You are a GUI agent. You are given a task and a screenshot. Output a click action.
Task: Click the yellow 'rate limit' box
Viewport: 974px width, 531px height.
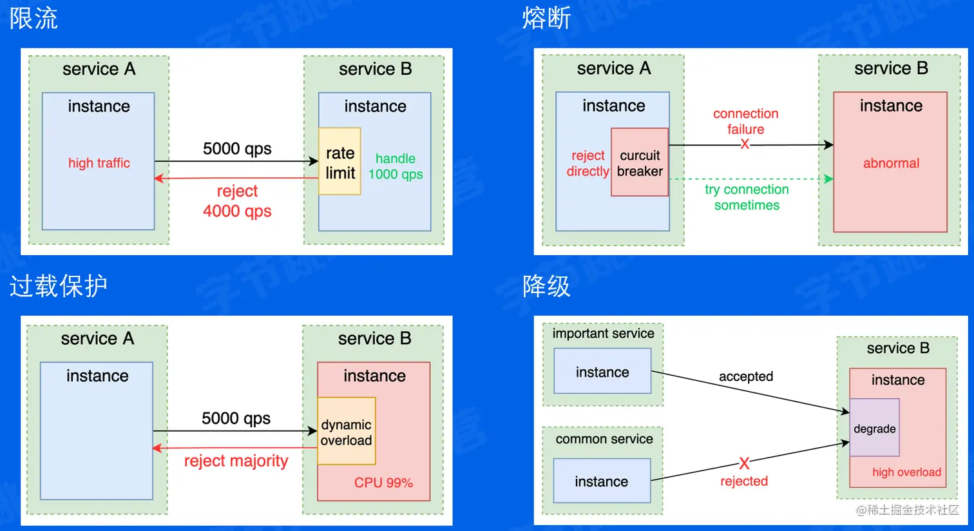click(x=339, y=162)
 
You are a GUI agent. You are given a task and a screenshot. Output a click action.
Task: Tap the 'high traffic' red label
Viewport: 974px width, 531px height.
click(x=99, y=163)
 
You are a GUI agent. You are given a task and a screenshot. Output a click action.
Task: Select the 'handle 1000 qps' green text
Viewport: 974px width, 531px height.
click(x=396, y=166)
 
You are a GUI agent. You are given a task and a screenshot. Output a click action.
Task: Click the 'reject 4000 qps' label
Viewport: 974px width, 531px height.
click(x=237, y=201)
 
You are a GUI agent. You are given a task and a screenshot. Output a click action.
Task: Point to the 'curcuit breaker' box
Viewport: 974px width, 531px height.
click(x=640, y=163)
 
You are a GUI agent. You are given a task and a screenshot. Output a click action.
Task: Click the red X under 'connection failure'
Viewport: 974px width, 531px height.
click(x=745, y=144)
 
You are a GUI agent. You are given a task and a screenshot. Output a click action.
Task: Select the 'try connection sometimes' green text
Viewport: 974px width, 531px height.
click(x=747, y=197)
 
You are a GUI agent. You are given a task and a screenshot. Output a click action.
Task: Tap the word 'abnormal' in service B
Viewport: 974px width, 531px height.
click(x=891, y=163)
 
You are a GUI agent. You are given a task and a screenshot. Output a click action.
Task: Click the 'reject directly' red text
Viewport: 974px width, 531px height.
click(x=587, y=163)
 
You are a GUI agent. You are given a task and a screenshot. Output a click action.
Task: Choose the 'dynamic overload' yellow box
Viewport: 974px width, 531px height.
click(x=347, y=432)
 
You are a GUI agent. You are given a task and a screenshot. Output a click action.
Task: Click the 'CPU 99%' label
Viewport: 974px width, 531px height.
click(x=383, y=483)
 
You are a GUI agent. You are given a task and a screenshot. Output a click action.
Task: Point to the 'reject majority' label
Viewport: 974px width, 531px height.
click(x=236, y=461)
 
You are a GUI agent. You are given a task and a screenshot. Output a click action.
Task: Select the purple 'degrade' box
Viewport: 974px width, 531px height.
click(x=874, y=428)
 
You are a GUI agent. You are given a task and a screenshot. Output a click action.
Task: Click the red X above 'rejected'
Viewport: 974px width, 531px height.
click(x=744, y=463)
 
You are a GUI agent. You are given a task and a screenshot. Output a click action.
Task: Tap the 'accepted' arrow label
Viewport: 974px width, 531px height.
click(x=746, y=376)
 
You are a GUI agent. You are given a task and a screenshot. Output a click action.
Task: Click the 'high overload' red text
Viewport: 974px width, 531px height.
click(x=906, y=472)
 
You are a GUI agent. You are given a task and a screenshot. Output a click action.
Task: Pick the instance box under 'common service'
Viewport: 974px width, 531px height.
click(x=602, y=481)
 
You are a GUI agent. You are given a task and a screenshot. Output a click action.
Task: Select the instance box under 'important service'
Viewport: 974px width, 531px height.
click(x=602, y=372)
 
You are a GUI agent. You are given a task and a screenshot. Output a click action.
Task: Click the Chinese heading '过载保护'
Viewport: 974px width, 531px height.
click(x=58, y=286)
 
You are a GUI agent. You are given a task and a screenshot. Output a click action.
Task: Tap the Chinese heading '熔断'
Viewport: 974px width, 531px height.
click(x=546, y=18)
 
